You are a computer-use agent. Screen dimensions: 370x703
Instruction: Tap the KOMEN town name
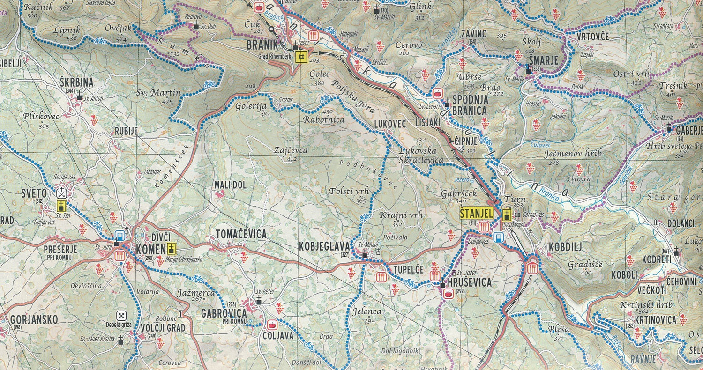150,250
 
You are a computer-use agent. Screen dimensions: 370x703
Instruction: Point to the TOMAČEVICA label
241,235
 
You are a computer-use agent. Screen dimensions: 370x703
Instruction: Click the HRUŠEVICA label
470,282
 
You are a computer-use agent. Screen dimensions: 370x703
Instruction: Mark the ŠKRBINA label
77,83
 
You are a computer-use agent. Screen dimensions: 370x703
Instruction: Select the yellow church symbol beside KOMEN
172,249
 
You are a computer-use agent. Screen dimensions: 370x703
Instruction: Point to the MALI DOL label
230,185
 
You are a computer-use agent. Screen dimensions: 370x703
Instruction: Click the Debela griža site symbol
122,316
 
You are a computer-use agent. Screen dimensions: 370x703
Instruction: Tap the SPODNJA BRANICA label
470,105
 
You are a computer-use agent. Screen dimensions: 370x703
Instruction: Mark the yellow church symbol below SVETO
61,206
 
